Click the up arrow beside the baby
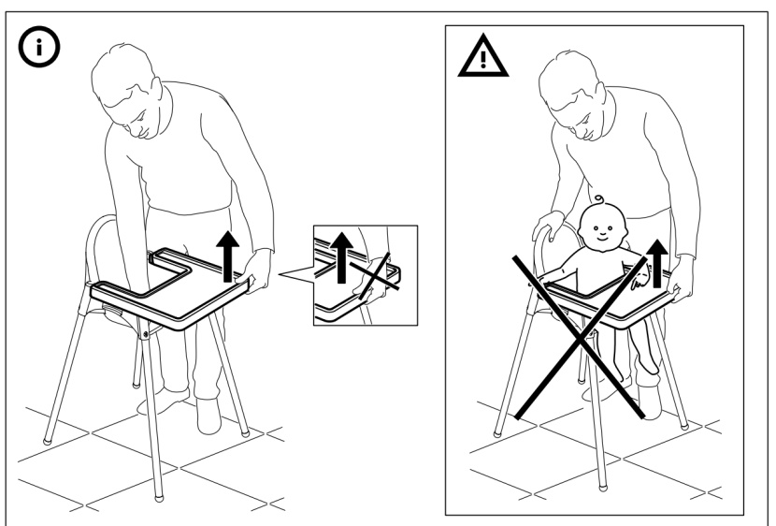[661, 261]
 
